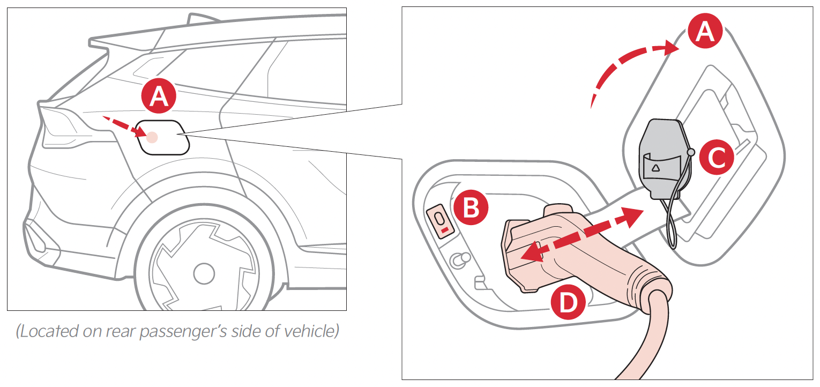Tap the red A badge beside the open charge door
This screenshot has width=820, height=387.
pyautogui.click(x=705, y=31)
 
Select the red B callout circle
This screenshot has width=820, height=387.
pyautogui.click(x=471, y=207)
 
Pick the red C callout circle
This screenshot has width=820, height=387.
pyautogui.click(x=717, y=158)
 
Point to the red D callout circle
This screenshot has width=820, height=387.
pyautogui.click(x=568, y=302)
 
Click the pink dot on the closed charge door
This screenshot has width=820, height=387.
pyautogui.click(x=152, y=137)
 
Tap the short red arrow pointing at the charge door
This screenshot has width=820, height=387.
pyautogui.click(x=124, y=126)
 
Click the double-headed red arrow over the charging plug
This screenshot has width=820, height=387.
pyautogui.click(x=582, y=234)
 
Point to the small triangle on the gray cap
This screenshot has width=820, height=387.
pyautogui.click(x=655, y=168)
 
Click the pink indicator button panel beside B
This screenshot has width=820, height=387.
pyautogui.click(x=441, y=221)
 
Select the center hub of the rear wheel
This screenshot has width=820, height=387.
pyautogui.click(x=204, y=273)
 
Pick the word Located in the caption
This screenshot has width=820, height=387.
pyautogui.click(x=49, y=331)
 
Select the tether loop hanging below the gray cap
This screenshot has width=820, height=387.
pyautogui.click(x=672, y=220)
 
